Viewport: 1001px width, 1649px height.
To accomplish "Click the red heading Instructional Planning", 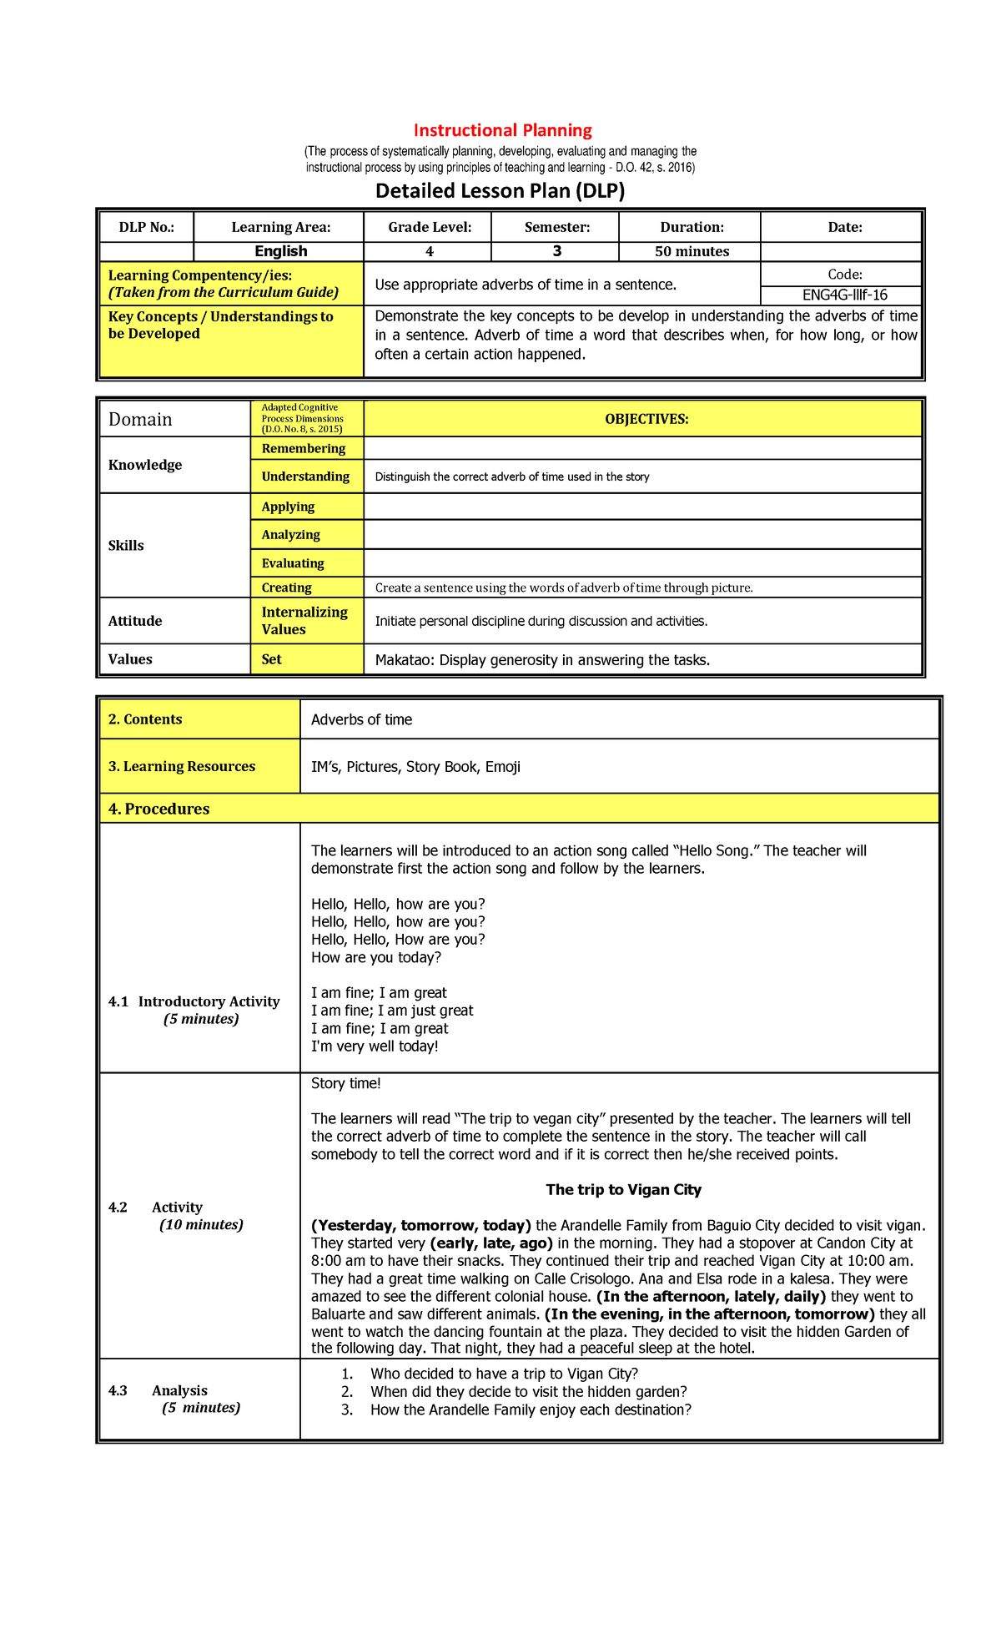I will (502, 130).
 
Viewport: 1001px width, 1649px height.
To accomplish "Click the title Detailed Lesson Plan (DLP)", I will (500, 191).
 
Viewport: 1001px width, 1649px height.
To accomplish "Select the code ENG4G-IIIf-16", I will (844, 295).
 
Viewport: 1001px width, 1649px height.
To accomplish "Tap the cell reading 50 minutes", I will (692, 251).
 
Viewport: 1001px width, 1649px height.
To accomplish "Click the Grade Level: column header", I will (430, 227).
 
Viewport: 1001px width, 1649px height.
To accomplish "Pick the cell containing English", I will (280, 251).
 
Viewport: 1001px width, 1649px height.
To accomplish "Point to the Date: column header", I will (844, 227).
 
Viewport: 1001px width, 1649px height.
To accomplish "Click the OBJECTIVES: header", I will (646, 419).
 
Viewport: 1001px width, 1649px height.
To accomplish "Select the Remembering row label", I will (303, 448).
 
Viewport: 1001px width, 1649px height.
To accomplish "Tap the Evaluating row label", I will (293, 563).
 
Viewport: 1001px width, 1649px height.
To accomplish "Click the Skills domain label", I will (126, 545).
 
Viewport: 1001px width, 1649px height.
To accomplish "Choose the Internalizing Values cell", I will (304, 621).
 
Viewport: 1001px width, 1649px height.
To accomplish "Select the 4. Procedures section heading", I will (158, 809).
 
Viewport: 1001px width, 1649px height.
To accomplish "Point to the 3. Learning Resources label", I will (182, 766).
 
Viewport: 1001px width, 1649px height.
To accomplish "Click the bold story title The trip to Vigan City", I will (623, 1189).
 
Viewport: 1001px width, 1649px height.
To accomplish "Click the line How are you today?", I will (375, 957).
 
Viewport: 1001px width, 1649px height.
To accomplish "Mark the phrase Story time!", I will (345, 1083).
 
